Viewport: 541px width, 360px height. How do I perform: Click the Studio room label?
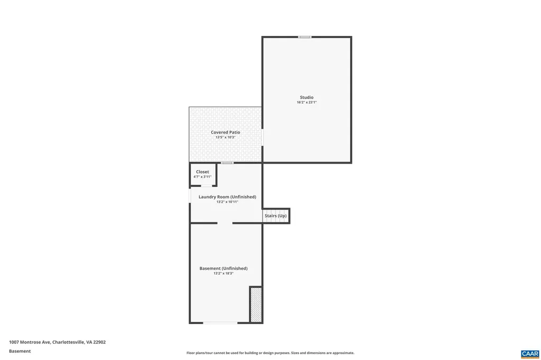306,97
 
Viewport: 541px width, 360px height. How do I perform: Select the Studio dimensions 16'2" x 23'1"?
306,102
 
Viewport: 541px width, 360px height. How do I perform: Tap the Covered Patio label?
225,132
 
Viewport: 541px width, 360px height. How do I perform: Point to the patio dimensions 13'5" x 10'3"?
225,137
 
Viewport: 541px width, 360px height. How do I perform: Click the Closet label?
202,172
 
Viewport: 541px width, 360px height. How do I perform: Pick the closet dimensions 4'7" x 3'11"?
202,177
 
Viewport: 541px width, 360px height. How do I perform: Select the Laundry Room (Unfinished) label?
227,197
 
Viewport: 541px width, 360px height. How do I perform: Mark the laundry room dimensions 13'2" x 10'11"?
227,202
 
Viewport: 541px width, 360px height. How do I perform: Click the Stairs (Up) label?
275,216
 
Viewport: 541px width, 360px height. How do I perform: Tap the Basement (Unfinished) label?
223,268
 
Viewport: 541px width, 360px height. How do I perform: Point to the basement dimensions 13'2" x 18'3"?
223,273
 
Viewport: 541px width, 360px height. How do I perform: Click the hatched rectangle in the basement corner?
256,305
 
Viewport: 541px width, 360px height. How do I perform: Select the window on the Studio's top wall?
304,37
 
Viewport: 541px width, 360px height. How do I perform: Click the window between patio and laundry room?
227,163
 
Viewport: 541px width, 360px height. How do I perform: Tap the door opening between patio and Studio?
263,137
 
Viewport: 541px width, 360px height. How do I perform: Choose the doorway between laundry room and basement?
225,223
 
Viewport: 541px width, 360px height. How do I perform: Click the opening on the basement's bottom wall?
220,323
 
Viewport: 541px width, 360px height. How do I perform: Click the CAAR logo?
529,353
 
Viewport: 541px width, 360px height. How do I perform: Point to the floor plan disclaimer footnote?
270,353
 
